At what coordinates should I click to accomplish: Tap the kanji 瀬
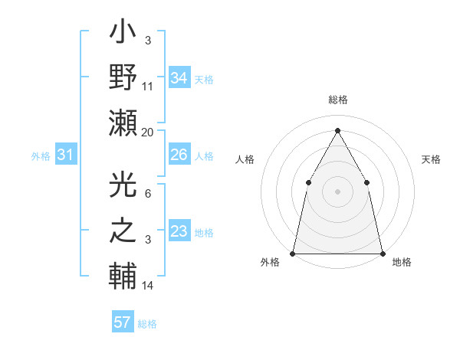tap(123, 123)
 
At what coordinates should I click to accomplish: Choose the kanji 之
tap(123, 230)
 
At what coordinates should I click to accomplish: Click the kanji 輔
tap(123, 274)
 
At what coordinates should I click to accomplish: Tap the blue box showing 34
tap(179, 77)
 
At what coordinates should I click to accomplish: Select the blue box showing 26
tap(179, 155)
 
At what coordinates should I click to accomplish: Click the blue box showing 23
tap(179, 231)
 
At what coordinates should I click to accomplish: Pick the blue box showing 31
tap(65, 155)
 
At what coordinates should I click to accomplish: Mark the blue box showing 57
tap(123, 322)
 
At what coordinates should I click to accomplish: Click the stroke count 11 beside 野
tap(148, 87)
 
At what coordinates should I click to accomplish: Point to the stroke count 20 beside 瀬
tap(148, 133)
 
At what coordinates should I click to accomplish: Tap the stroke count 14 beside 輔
tap(148, 286)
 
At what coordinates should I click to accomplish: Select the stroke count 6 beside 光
tap(148, 194)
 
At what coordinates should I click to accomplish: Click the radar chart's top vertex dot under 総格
tap(337, 129)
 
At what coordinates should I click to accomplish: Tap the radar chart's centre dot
tap(337, 191)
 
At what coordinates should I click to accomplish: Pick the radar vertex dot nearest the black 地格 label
tap(382, 253)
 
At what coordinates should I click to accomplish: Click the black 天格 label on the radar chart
tap(432, 159)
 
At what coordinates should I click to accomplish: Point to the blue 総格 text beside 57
tap(147, 324)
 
